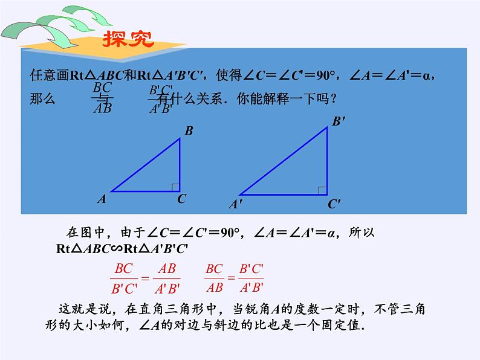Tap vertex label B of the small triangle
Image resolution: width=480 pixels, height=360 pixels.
(189, 130)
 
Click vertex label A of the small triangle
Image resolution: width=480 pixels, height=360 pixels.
(102, 198)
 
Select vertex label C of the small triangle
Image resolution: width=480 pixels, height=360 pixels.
(181, 199)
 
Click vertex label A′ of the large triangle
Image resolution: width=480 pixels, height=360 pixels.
(235, 205)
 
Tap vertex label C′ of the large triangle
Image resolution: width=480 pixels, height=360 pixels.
(334, 205)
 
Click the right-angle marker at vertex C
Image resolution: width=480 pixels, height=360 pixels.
(175, 187)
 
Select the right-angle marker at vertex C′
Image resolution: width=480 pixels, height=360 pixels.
(323, 191)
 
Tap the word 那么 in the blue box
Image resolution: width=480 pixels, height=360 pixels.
(42, 99)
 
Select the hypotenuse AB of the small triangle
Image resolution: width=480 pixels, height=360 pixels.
(145, 165)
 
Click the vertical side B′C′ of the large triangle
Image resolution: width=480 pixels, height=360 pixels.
(327, 161)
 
